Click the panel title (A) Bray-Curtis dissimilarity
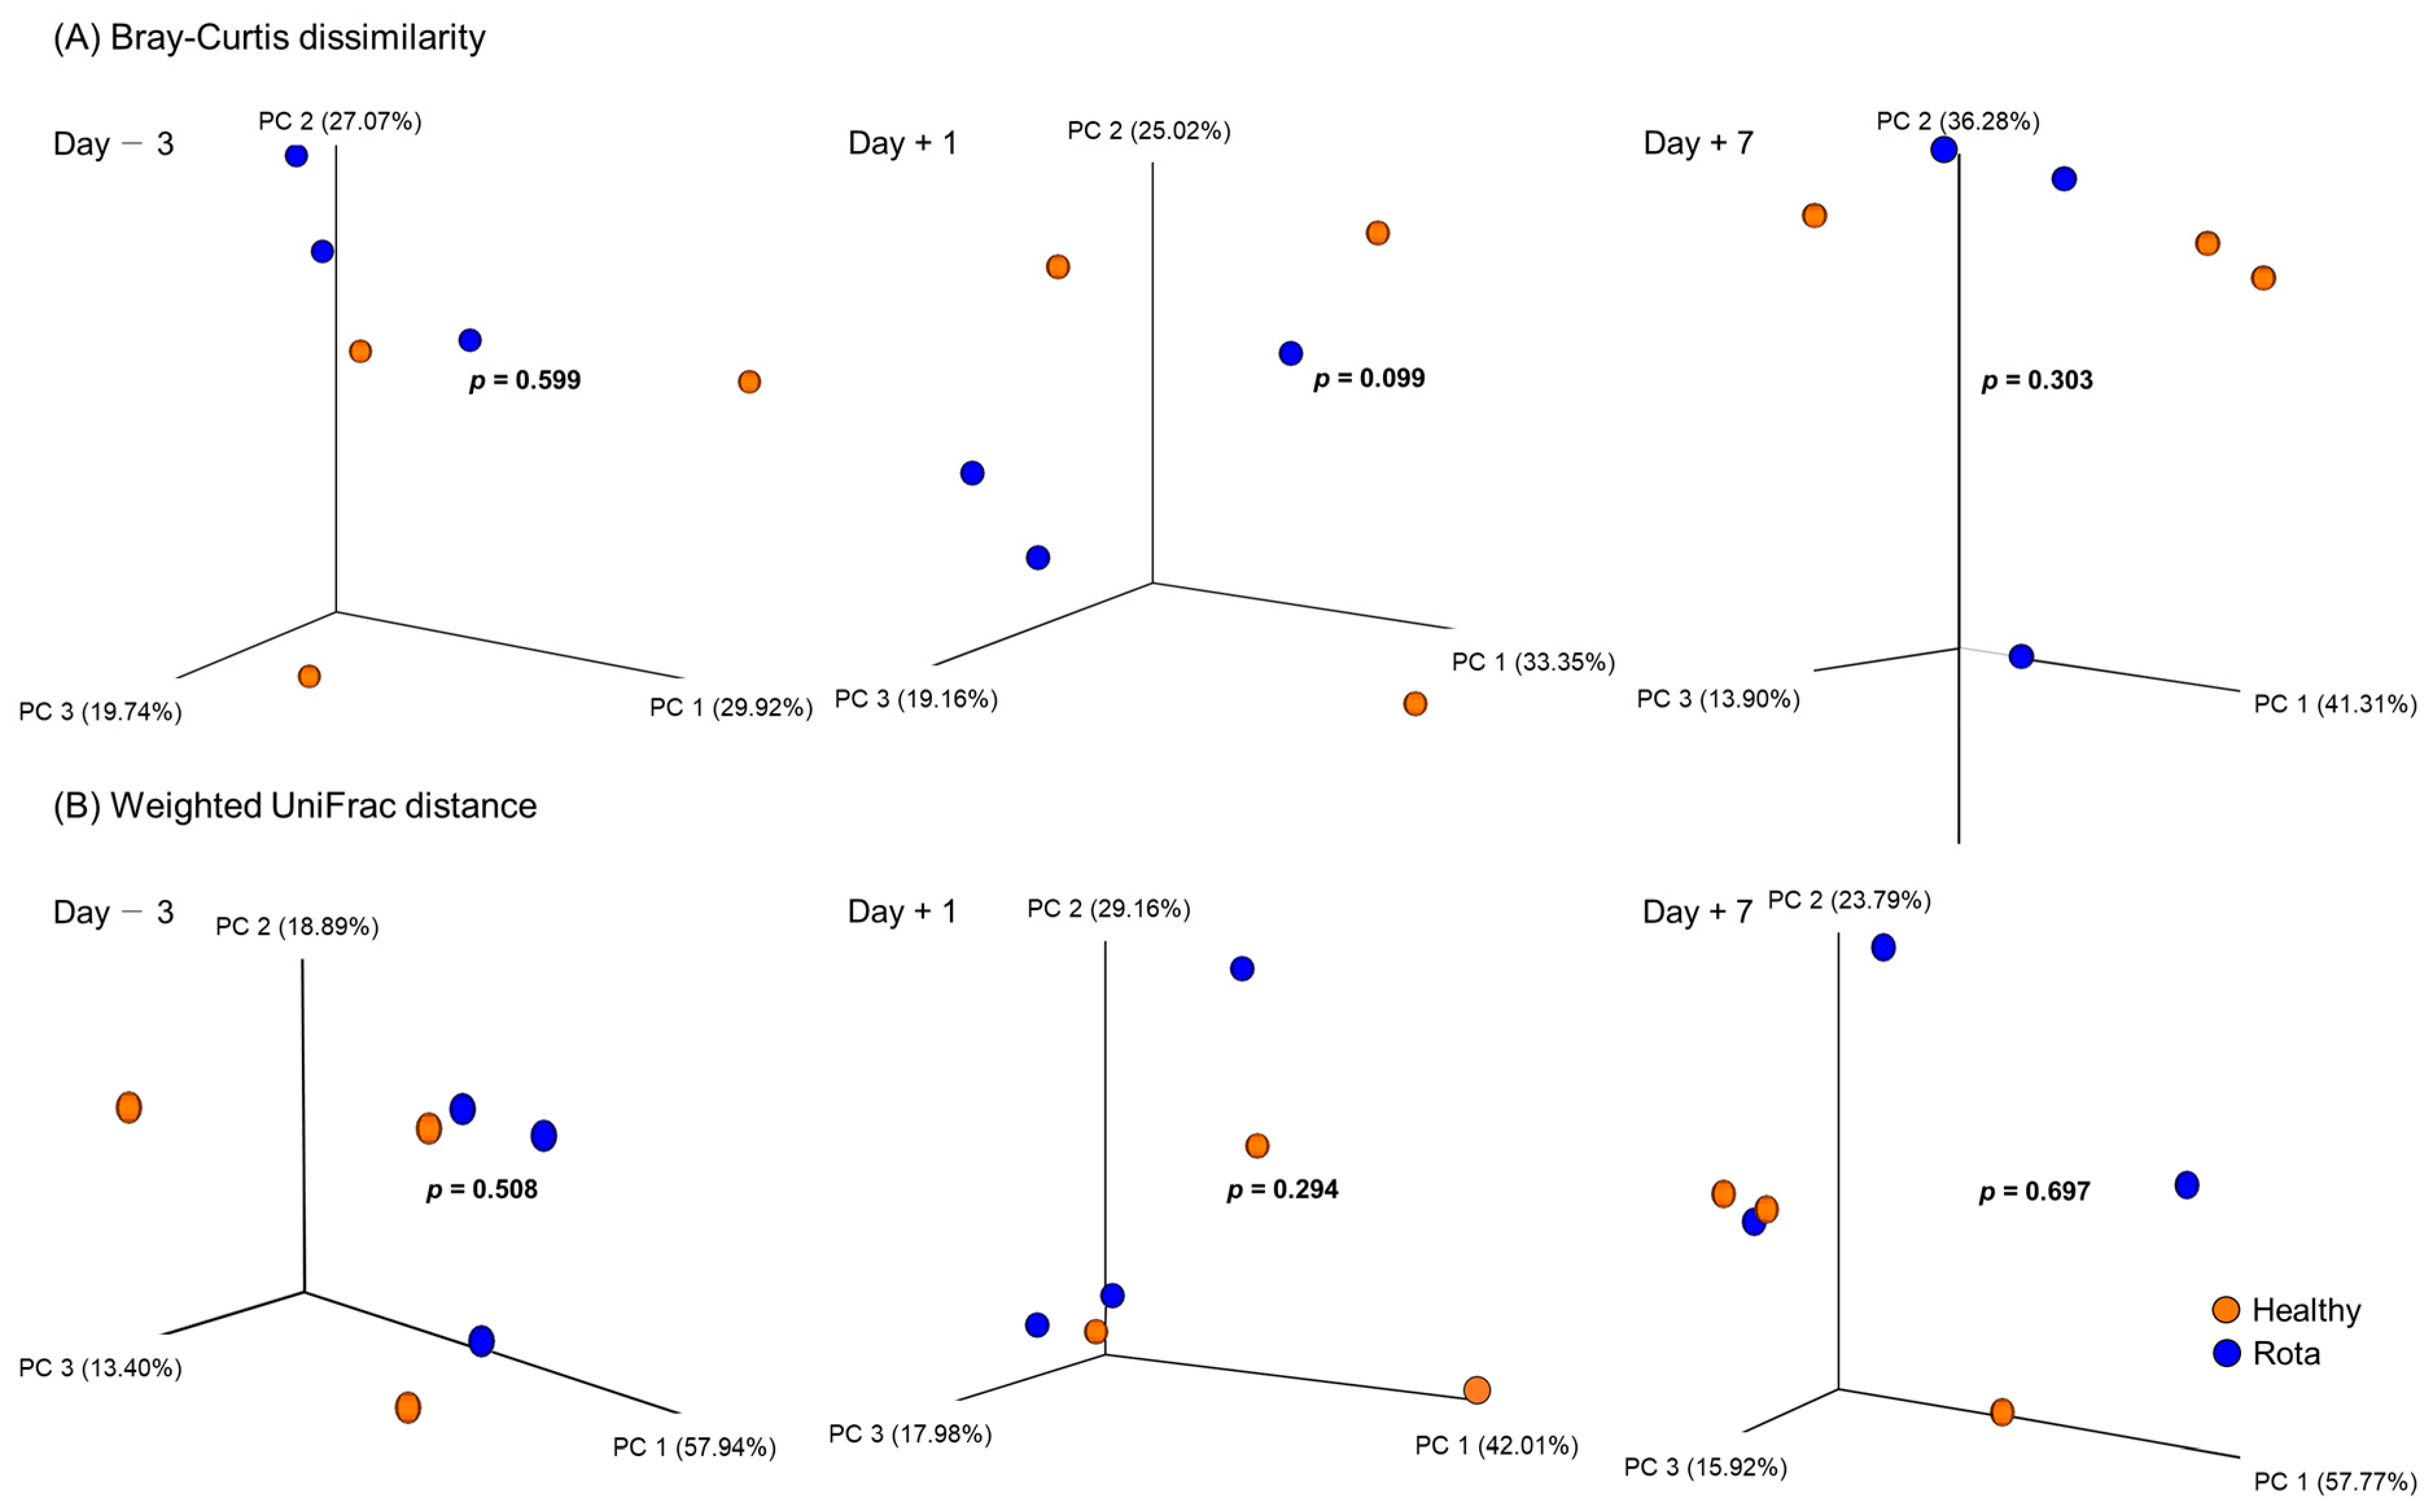[270, 38]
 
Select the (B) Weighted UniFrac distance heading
[296, 806]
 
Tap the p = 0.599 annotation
[525, 380]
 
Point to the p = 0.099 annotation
[1369, 379]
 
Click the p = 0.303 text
[2037, 380]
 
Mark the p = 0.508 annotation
[482, 1189]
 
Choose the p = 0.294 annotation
[1283, 1189]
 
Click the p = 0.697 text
[2035, 1191]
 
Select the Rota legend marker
[2226, 1353]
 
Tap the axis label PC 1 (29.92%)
[730, 708]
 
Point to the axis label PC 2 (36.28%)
[1958, 122]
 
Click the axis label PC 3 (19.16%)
[916, 699]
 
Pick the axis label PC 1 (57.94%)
[695, 1447]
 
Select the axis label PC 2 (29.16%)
[1109, 909]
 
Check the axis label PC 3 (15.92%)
[1705, 1467]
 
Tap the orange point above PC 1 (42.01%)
[1477, 1390]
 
